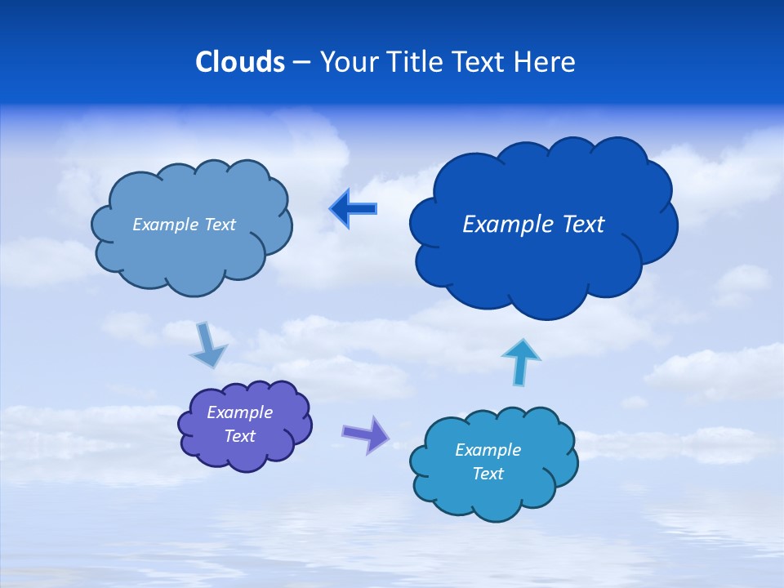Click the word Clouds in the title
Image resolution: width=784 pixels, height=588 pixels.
[240, 62]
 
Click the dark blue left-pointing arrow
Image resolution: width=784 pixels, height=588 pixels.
[353, 209]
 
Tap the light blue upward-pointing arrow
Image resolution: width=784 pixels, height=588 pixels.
[521, 361]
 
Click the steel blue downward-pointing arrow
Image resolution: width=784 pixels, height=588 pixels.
[208, 346]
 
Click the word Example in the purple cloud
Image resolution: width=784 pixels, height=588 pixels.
[240, 412]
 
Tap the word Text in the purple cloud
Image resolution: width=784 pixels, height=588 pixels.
[240, 436]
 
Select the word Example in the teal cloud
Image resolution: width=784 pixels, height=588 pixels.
[488, 450]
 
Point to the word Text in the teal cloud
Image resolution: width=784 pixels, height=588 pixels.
[488, 474]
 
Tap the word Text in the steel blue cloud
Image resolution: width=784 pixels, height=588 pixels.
[219, 225]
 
